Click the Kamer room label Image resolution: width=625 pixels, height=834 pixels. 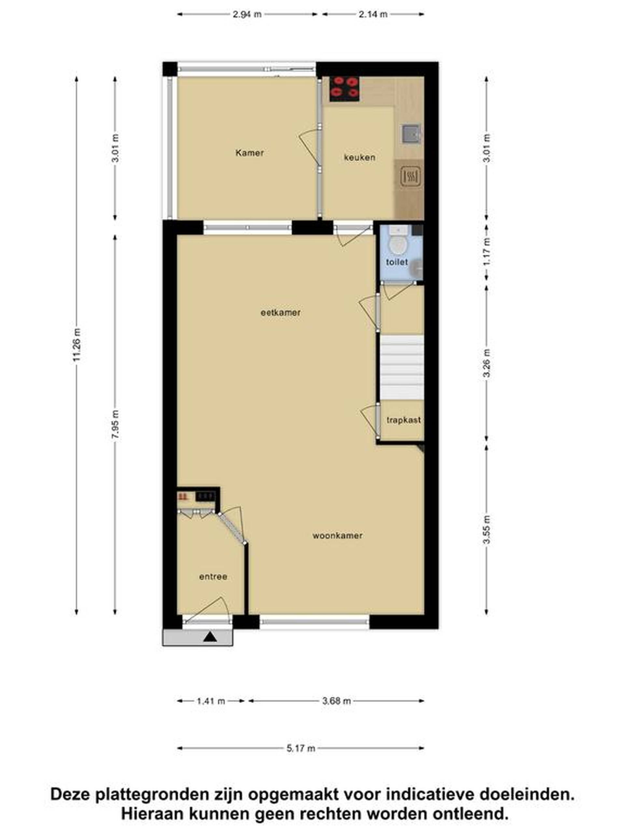[249, 153]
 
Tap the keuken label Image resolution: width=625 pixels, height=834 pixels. [359, 157]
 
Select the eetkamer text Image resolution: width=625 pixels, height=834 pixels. [281, 312]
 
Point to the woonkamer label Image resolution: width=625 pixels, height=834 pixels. [338, 535]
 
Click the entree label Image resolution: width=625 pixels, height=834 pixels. [213, 577]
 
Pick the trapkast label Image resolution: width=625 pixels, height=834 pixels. [403, 420]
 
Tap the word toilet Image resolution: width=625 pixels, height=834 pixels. [397, 262]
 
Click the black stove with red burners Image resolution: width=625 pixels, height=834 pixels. [345, 89]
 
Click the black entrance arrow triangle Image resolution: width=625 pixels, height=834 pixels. [210, 637]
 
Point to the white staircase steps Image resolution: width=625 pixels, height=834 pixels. [402, 367]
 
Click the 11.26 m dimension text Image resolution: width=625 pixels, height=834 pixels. [77, 345]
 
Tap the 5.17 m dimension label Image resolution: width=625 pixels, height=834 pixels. [301, 748]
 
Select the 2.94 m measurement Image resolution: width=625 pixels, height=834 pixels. [247, 15]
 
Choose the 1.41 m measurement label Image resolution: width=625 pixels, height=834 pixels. [211, 701]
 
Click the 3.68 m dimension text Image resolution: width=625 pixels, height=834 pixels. [336, 701]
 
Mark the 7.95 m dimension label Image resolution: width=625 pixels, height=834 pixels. [116, 424]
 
